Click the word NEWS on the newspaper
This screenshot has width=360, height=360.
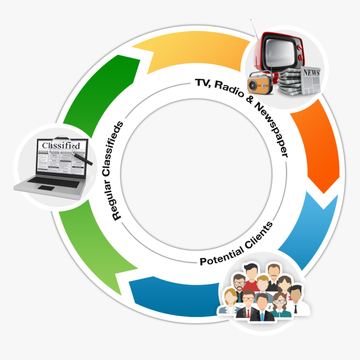tap(311, 73)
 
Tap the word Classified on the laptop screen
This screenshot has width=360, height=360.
tap(60, 146)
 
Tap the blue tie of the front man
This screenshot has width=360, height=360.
tap(262, 316)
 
